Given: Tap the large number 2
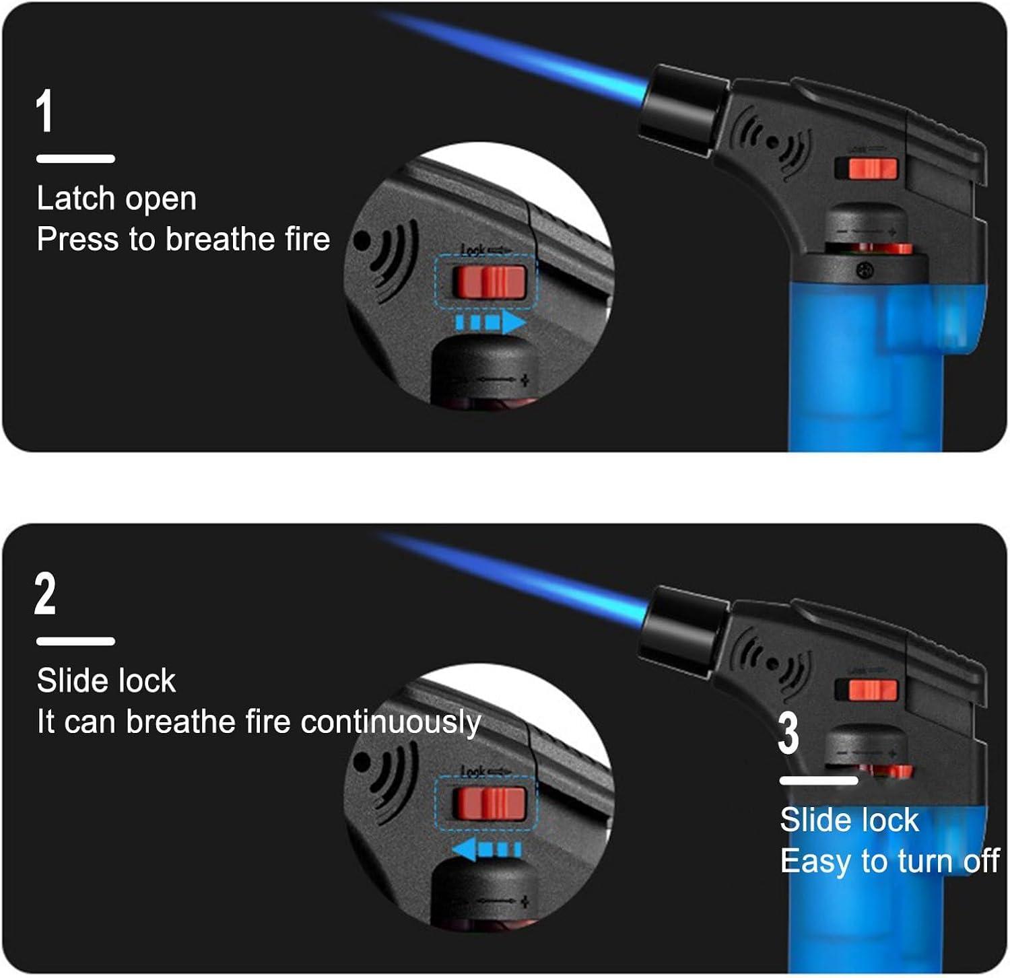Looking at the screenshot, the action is pyautogui.click(x=45, y=594).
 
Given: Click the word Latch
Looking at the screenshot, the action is pyautogui.click(x=75, y=199).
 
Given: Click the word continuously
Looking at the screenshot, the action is pyautogui.click(x=391, y=723).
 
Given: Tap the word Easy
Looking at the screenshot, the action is pyautogui.click(x=815, y=862).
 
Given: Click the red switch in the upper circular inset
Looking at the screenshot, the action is pyautogui.click(x=490, y=282).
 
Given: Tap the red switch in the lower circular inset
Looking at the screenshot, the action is pyautogui.click(x=490, y=803).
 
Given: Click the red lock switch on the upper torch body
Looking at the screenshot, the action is pyautogui.click(x=872, y=168).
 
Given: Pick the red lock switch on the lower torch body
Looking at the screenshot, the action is pyautogui.click(x=872, y=690).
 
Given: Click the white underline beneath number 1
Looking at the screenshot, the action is pyautogui.click(x=75, y=159).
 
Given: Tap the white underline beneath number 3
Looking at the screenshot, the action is pyautogui.click(x=819, y=781).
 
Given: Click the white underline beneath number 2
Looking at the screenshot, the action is pyautogui.click(x=75, y=641).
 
